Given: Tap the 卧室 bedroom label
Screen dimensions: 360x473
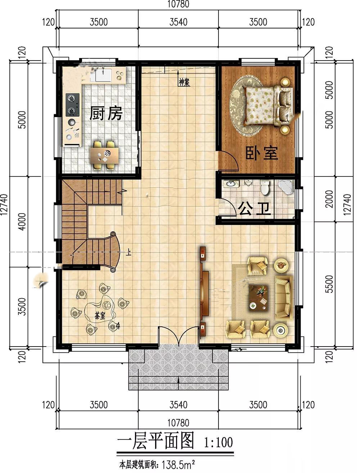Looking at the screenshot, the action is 262,153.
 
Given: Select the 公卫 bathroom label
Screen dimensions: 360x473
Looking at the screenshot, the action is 254,209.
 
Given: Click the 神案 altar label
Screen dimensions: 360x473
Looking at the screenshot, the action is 185,82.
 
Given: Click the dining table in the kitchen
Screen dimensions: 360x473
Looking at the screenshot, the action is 104,155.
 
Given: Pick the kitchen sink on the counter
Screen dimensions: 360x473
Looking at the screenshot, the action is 103,75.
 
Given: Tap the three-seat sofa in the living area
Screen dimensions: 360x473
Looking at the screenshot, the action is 284,298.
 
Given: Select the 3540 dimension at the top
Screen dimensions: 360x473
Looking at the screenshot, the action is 178,22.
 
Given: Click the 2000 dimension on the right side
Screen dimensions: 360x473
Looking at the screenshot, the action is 329,199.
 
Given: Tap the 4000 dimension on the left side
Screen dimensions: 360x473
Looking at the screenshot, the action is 22,222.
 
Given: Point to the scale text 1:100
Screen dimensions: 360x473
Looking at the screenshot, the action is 219,442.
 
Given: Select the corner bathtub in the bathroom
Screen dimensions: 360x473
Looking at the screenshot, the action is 285,187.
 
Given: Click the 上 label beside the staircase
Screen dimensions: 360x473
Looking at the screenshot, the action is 129,252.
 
